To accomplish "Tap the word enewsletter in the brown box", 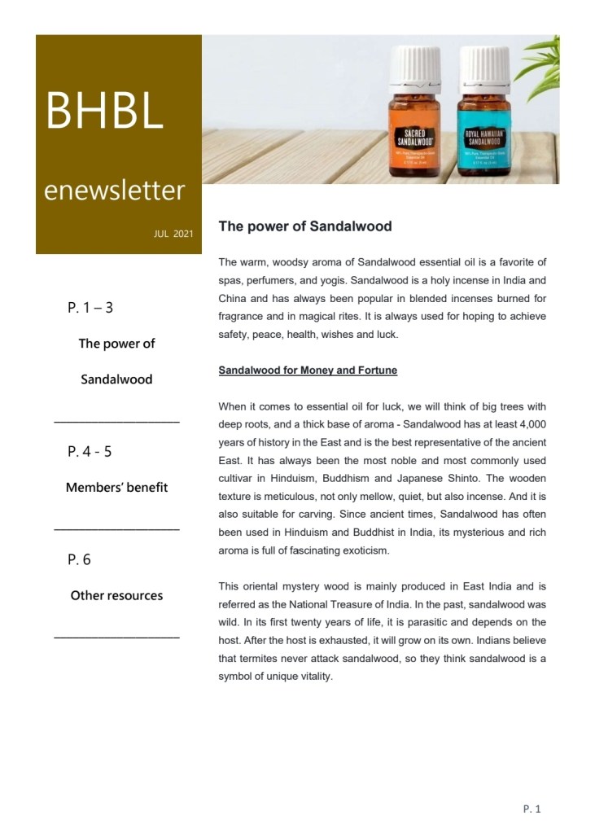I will click(114, 191).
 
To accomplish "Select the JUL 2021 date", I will click(173, 235).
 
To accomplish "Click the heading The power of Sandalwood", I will click(304, 226).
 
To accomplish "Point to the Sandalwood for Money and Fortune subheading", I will click(308, 370).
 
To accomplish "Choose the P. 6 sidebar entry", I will click(80, 559).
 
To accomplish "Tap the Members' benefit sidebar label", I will click(116, 487).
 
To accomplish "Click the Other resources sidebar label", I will click(116, 595).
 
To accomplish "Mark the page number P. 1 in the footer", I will click(532, 809).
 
